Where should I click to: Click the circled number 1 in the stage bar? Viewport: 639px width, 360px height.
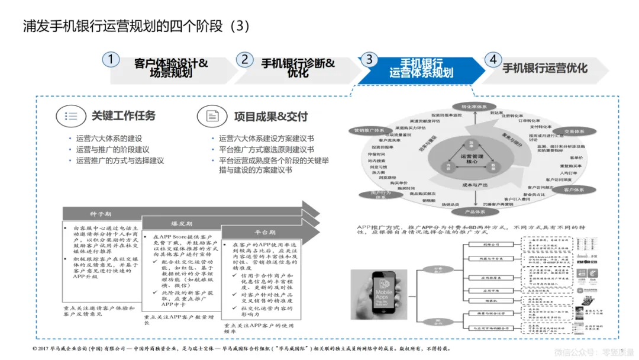tap(111, 59)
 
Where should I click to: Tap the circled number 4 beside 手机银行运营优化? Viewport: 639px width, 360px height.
tap(492, 59)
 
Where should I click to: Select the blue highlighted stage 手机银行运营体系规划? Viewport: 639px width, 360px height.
tap(421, 68)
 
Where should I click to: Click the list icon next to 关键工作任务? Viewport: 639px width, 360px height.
tap(71, 116)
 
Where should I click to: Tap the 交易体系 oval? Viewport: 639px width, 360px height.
tap(574, 131)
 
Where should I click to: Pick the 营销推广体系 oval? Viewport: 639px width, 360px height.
tap(369, 130)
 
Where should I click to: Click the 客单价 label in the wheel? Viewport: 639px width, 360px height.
tap(576, 157)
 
